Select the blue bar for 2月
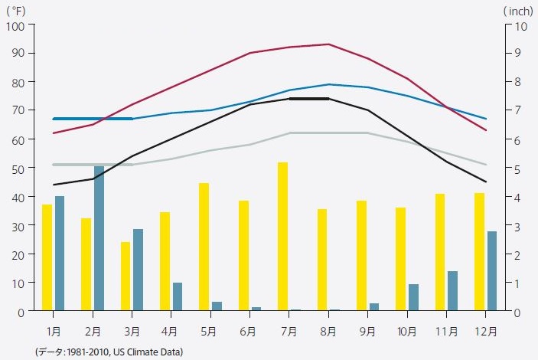click(x=99, y=238)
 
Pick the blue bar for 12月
click(x=492, y=270)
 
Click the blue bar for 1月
click(x=60, y=254)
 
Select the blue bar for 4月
click(x=178, y=296)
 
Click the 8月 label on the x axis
click(x=328, y=332)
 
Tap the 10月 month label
click(x=406, y=332)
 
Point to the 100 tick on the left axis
click(x=16, y=25)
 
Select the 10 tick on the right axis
click(x=520, y=25)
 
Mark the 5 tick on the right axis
click(x=517, y=169)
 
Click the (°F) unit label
click(x=16, y=10)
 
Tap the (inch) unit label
click(x=517, y=10)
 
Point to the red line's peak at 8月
click(x=328, y=44)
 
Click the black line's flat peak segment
click(x=308, y=99)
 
